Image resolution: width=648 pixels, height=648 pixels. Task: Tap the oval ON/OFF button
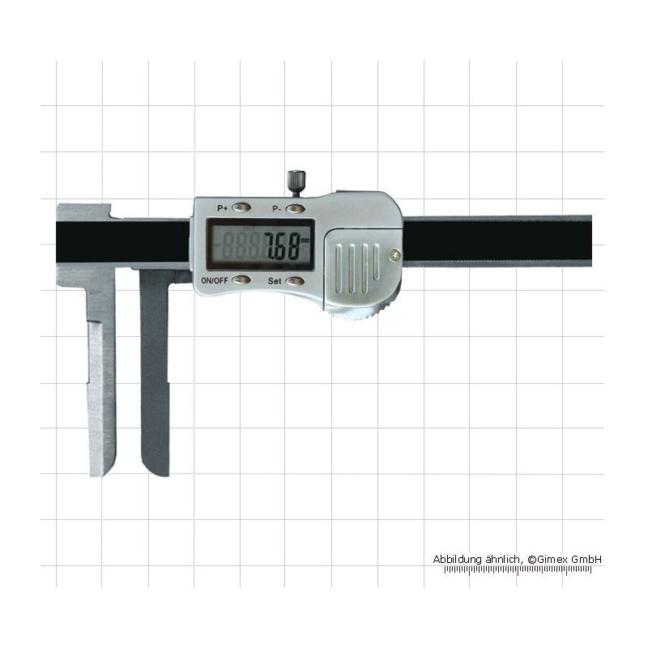pos(241,280)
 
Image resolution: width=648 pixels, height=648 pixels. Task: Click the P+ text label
pos(222,208)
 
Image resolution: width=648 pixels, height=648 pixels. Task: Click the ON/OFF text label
pos(215,280)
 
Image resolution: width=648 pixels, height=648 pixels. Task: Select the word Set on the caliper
pos(275,281)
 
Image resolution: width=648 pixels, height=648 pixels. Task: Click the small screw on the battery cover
pos(395,255)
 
